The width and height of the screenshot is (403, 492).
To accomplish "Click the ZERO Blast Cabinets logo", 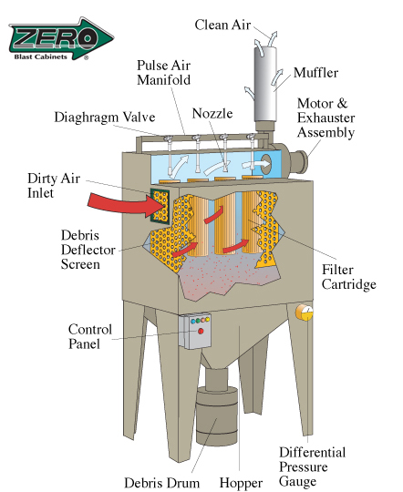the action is coord(61,38).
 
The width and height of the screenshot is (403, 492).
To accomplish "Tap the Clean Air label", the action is coord(222,25).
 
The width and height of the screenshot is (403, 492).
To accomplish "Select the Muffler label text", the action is coord(315,73).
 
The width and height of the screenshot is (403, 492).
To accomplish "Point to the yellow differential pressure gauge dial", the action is coord(305,313).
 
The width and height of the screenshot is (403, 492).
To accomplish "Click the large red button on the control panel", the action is coord(201,331).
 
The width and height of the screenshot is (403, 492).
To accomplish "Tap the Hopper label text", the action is coord(241,483).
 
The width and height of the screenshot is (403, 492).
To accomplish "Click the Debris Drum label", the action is coord(161,483).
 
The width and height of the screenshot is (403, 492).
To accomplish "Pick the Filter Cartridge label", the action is coord(348,277).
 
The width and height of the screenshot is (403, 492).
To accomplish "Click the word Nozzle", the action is coord(212,113).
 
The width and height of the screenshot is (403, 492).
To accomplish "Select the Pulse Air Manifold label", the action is coord(163,73).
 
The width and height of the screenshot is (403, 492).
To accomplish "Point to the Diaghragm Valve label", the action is coord(105,118).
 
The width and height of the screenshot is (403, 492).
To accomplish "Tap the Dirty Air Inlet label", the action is coord(54,186).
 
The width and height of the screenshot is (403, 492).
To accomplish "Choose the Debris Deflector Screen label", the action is coord(88,250).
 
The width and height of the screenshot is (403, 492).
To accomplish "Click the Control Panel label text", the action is coord(90,337).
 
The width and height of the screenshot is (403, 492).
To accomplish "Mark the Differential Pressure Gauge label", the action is coord(312,466).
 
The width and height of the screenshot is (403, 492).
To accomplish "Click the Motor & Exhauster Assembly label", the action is coord(325,118).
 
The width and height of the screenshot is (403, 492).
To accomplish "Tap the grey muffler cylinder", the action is coord(265,84).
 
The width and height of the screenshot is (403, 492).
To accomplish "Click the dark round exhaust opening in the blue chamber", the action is coord(266,163).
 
